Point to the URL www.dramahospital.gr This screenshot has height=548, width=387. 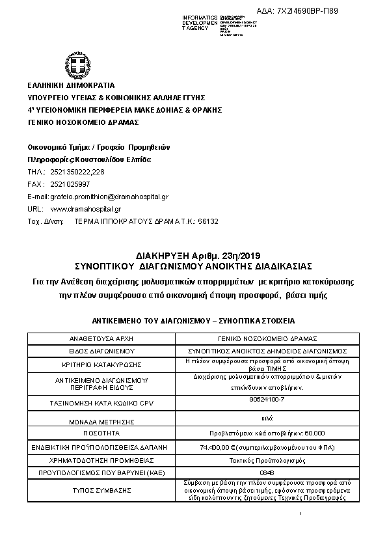[x=86, y=209]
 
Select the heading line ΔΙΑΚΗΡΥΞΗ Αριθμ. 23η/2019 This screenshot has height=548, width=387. [x=194, y=255]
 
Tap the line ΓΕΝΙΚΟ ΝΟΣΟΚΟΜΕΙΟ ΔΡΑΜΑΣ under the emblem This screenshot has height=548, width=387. [x=83, y=122]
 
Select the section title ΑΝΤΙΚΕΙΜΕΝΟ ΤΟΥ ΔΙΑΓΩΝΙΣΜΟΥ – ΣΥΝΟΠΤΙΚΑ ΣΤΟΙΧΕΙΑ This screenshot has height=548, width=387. [x=193, y=322]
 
